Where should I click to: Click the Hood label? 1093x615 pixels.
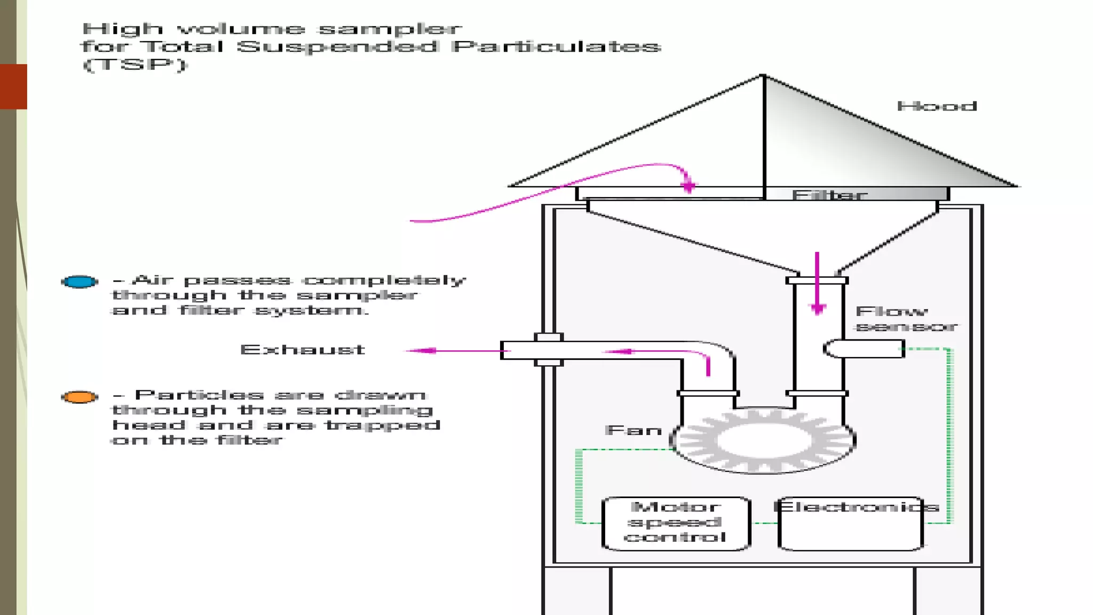937,106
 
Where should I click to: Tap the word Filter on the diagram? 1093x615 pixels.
829,195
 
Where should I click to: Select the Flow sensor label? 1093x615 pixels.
905,319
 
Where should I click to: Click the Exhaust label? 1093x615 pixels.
302,350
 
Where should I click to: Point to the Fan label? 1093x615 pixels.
633,430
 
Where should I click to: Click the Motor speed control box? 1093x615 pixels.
676,523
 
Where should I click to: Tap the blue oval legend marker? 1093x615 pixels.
80,281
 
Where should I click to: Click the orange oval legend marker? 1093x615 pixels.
80,397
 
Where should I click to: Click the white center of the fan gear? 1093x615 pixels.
764,441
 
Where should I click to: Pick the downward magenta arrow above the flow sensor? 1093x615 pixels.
818,308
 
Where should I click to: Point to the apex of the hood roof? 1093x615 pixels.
763,76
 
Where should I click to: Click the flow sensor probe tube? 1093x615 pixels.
865,349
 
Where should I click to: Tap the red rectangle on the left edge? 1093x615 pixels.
13,86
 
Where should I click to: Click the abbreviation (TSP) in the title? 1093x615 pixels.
135,65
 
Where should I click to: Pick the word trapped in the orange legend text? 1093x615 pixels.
383,425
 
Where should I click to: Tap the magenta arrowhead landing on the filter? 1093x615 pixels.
688,186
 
